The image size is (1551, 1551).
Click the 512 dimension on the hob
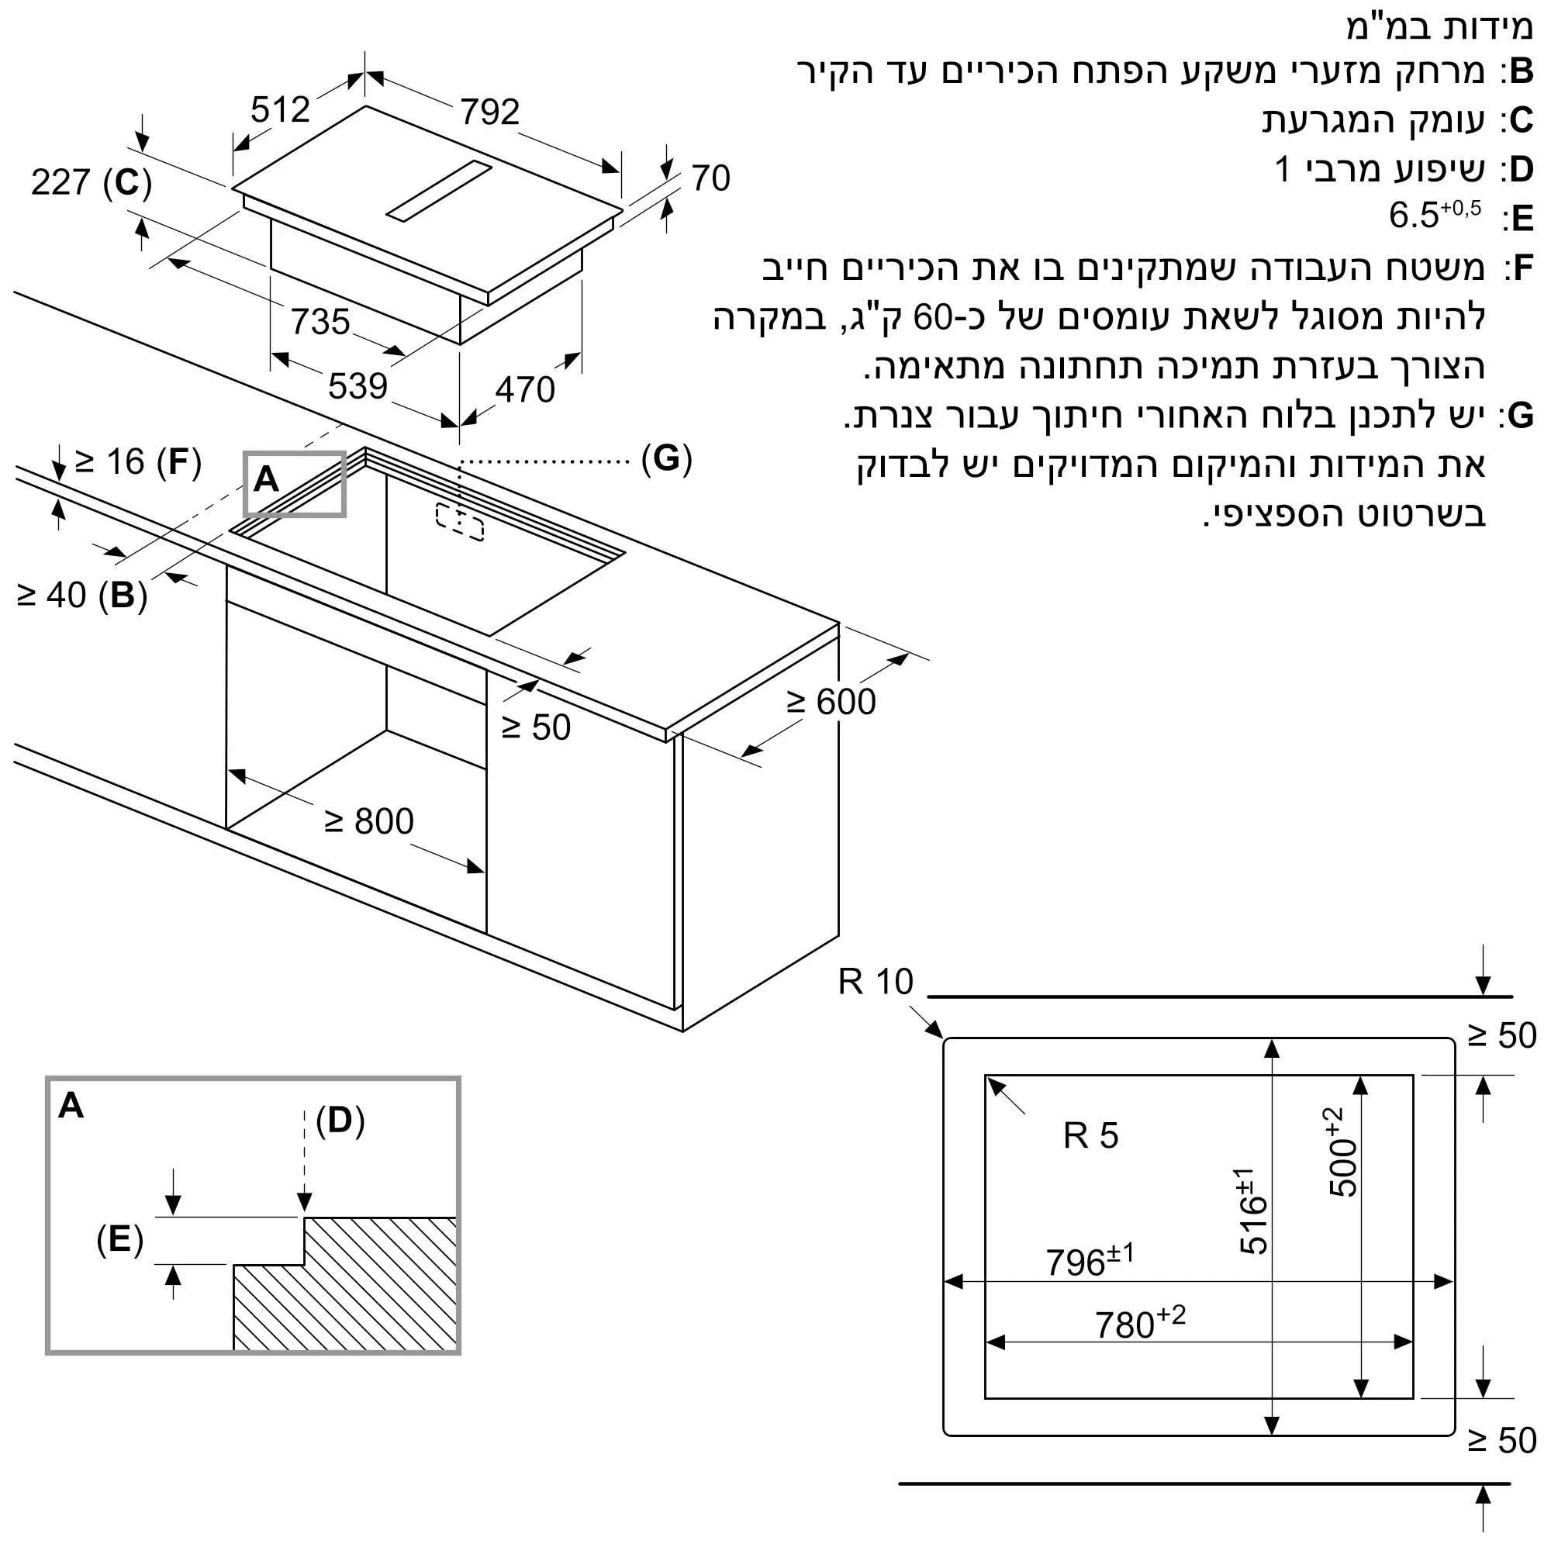(280, 110)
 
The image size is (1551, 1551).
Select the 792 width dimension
(489, 112)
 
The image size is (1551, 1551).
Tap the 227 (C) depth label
(91, 183)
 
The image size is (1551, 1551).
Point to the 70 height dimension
(710, 178)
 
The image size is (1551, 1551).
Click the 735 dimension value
(320, 322)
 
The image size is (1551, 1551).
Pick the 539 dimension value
(358, 387)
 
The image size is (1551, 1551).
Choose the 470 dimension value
(525, 390)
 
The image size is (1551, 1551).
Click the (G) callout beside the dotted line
(666, 459)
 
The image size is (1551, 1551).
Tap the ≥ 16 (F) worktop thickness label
(138, 462)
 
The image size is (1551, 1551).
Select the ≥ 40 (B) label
(82, 596)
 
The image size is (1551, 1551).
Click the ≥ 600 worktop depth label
(831, 703)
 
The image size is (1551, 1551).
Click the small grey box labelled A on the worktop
(294, 483)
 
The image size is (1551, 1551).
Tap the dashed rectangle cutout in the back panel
(460, 522)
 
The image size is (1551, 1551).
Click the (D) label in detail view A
(340, 1121)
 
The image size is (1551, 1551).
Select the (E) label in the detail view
(119, 1239)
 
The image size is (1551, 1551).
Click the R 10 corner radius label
(875, 982)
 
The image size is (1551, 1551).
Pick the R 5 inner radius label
(1090, 1135)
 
